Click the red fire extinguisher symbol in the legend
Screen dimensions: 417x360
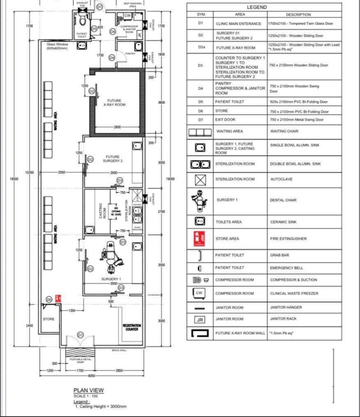(x=199, y=238)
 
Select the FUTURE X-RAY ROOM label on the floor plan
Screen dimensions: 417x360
(x=115, y=103)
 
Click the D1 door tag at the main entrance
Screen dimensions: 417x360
(x=80, y=334)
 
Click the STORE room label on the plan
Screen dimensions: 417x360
(x=49, y=319)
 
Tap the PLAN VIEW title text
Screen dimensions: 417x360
(x=88, y=390)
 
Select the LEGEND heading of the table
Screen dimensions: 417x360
(x=257, y=7)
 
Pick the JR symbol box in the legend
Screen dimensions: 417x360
(x=199, y=319)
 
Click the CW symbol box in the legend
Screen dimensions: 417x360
(x=199, y=293)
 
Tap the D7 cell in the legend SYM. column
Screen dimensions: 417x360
(x=200, y=120)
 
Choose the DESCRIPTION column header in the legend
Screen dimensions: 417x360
(x=298, y=15)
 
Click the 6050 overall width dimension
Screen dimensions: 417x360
(x=91, y=376)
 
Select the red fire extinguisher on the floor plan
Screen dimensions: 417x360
(x=58, y=298)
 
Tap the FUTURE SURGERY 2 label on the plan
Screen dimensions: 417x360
(x=114, y=159)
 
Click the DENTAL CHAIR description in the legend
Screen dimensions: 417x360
(x=283, y=200)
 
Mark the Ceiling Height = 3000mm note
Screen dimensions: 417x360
(x=100, y=407)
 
